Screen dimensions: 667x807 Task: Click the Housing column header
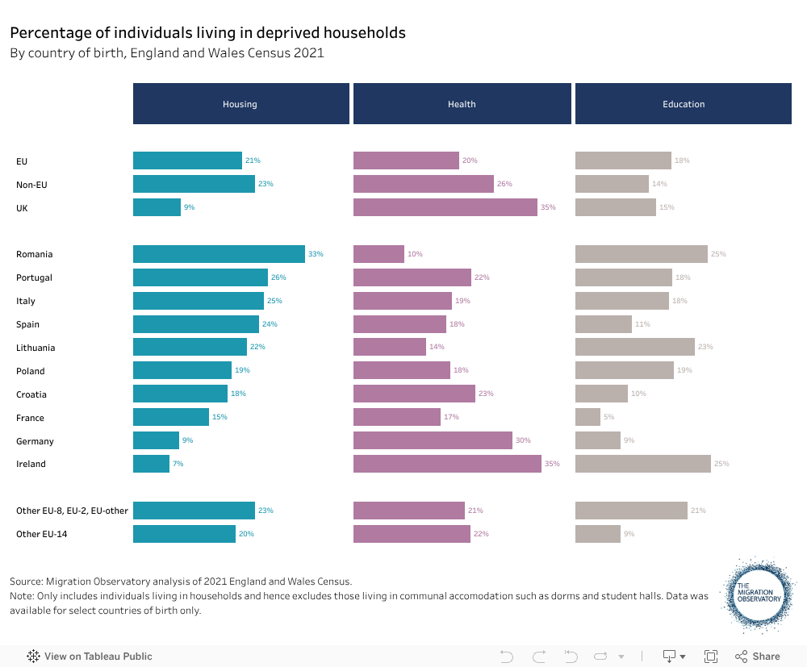pos(240,104)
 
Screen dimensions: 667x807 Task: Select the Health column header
pos(462,104)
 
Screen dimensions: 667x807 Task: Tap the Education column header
pos(684,104)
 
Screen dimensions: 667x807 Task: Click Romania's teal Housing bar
pos(219,254)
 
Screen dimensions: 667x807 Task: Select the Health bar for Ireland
pos(447,464)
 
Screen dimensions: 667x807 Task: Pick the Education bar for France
pos(587,417)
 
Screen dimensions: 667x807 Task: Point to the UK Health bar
pos(445,207)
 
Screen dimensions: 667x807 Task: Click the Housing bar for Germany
pos(156,440)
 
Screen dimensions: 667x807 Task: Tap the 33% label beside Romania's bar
pos(316,254)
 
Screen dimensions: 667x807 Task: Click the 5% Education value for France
pos(608,417)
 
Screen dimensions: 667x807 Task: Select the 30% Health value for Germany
pos(524,440)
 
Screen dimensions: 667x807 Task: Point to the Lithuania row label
pos(36,348)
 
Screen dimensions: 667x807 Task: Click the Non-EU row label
pos(31,185)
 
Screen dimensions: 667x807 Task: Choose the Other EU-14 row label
pos(41,534)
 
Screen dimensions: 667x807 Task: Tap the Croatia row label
pos(31,394)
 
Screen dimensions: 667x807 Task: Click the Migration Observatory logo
pos(759,594)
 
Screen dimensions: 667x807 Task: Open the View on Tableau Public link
pos(90,657)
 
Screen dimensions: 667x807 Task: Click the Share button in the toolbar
pos(758,657)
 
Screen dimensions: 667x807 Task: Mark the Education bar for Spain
pos(604,324)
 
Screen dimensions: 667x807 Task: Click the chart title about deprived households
pos(207,33)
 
